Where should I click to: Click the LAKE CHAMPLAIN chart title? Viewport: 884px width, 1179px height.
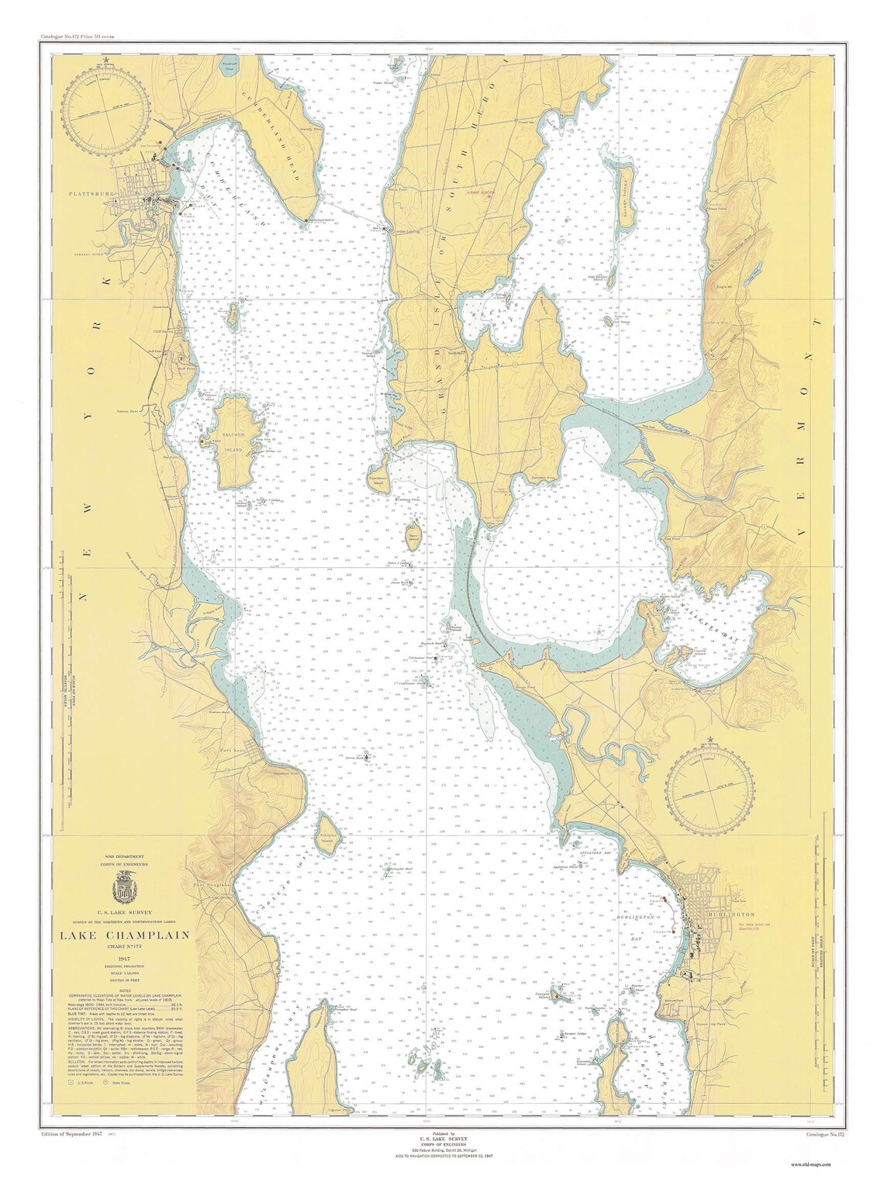pyautogui.click(x=125, y=935)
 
